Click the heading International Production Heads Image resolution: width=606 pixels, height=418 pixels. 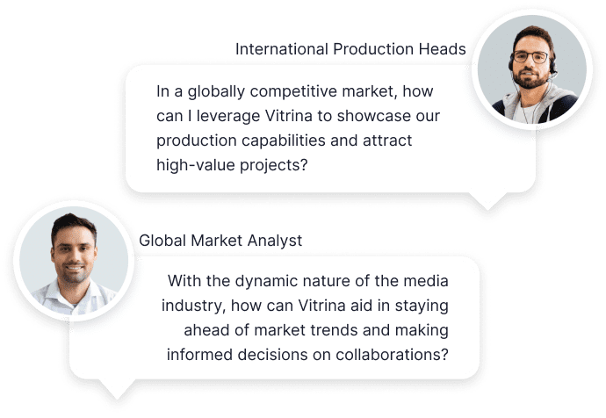coord(350,49)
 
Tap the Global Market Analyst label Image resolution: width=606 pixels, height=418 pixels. coord(220,241)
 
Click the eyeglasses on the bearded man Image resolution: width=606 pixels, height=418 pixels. coord(530,57)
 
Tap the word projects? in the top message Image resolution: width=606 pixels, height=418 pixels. coord(274,165)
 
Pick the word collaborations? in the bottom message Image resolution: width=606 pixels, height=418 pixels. coord(392,355)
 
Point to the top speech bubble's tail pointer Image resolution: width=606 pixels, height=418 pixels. coord(487,201)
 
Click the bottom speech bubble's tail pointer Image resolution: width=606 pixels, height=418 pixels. coord(117,389)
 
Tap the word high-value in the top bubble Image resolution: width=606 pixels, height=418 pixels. coord(196,165)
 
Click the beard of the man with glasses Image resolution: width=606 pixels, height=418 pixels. coord(531,78)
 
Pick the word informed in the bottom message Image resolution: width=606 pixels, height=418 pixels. coord(199,355)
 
